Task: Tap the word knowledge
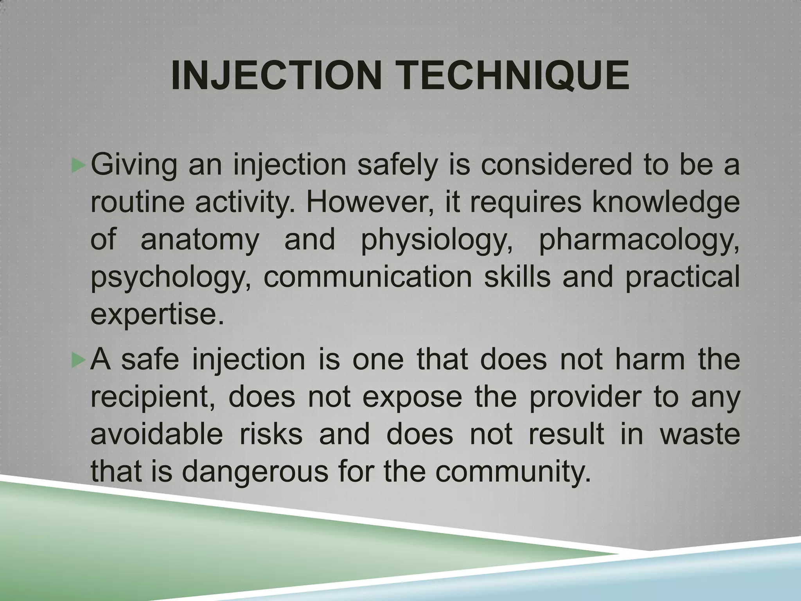coord(665,203)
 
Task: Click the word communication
coord(368,277)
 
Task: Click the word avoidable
coord(157,434)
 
